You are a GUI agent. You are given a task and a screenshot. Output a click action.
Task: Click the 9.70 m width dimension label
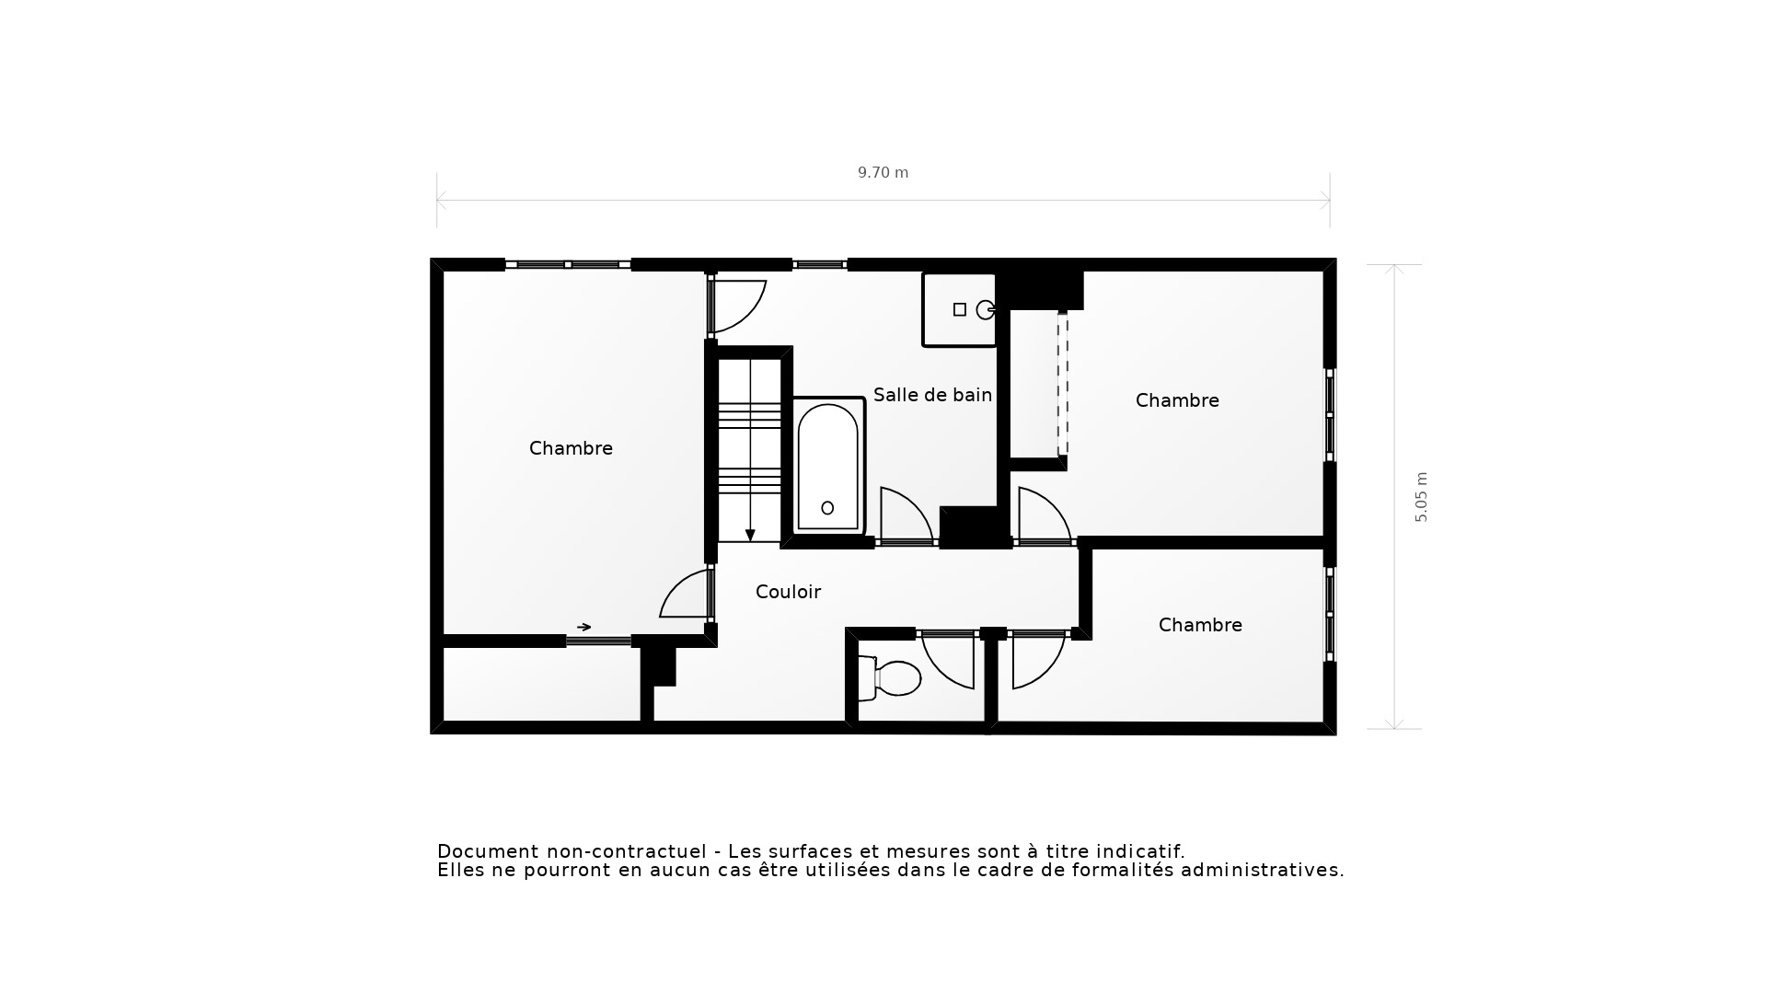click(x=883, y=173)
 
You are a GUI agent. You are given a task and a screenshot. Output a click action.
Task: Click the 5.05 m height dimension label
click(x=1421, y=497)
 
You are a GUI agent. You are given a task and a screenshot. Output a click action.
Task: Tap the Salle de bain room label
click(x=931, y=395)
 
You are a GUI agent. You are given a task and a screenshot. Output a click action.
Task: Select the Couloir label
click(x=788, y=592)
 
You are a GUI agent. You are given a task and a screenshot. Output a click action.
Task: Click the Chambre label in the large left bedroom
click(x=571, y=448)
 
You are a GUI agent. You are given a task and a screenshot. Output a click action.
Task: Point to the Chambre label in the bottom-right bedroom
click(x=1200, y=625)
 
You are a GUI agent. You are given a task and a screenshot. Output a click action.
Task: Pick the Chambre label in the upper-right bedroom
click(x=1177, y=400)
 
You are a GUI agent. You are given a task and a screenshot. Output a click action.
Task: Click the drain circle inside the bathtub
click(x=827, y=508)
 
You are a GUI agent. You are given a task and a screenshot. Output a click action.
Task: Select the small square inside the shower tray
click(x=960, y=310)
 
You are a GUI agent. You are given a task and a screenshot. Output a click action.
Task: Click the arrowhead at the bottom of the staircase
click(x=750, y=536)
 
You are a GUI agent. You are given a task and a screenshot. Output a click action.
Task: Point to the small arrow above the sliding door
click(x=583, y=627)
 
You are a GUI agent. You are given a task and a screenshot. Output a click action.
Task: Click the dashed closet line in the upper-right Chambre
click(x=1063, y=387)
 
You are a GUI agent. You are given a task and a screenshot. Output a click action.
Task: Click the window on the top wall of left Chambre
click(x=568, y=265)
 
